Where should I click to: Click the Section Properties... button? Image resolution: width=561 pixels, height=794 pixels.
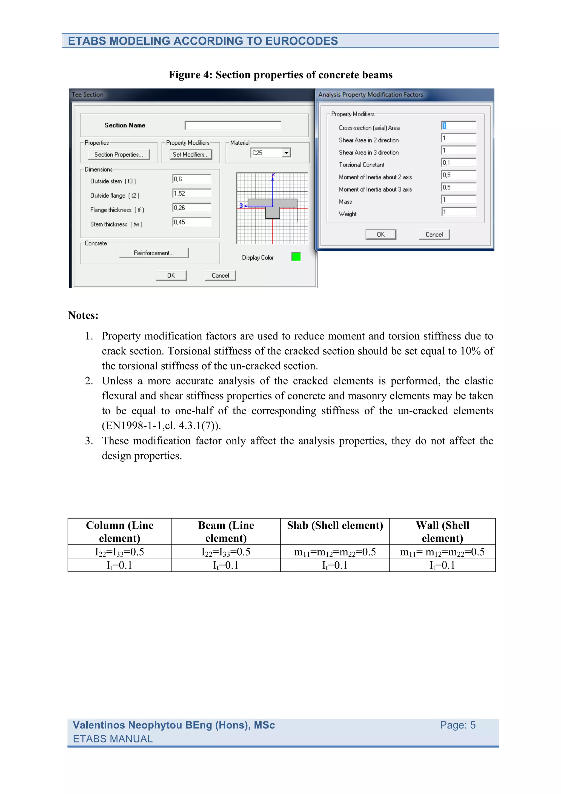point(119,155)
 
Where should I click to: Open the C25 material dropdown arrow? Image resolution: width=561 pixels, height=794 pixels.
point(286,153)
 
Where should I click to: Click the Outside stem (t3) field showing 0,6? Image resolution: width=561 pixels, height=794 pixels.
point(192,179)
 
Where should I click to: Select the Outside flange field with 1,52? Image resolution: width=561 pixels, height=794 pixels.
point(192,193)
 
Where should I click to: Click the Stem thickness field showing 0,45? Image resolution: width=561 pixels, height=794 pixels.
point(192,222)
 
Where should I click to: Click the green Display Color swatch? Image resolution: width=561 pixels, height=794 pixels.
point(296,257)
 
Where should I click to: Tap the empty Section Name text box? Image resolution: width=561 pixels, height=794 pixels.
point(233,125)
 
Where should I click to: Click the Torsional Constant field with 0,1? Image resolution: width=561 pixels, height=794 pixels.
point(459,162)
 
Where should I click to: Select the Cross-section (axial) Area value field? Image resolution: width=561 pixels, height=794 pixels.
point(459,125)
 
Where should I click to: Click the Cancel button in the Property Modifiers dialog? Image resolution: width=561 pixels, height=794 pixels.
point(434,235)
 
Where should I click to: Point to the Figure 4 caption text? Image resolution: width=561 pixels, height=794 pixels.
point(280,75)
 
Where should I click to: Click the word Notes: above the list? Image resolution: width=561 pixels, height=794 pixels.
point(83,315)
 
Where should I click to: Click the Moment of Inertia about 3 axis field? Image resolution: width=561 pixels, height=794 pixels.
point(459,187)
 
